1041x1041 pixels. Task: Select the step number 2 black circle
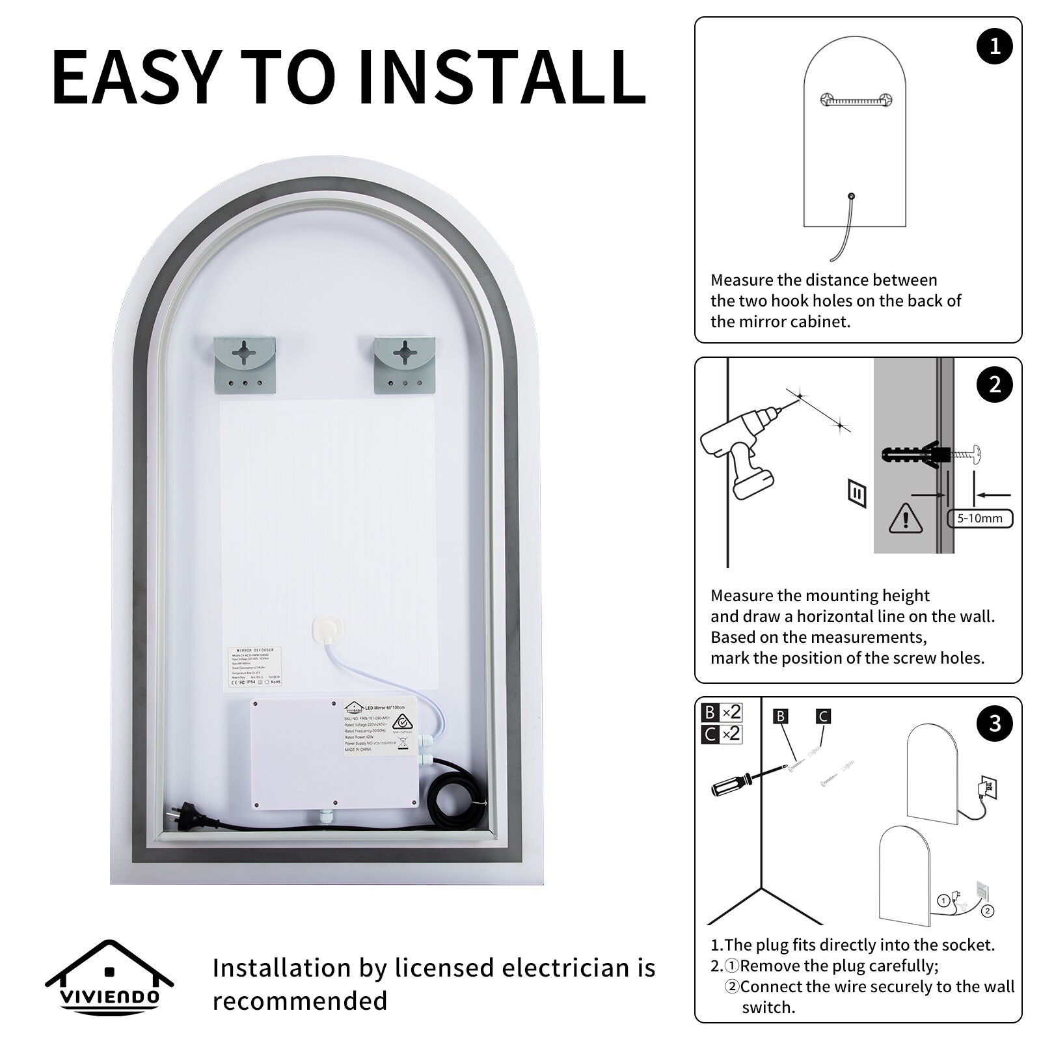[x=995, y=385]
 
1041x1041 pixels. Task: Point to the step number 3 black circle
[x=995, y=723]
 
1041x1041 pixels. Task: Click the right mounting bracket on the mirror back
[x=404, y=365]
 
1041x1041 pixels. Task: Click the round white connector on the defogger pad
[x=323, y=629]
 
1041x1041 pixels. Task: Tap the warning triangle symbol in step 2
[x=904, y=517]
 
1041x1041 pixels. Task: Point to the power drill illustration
[x=742, y=449]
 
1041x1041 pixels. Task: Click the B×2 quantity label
[x=722, y=712]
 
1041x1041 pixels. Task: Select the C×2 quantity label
[x=722, y=733]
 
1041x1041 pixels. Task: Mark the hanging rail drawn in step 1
[x=854, y=100]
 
